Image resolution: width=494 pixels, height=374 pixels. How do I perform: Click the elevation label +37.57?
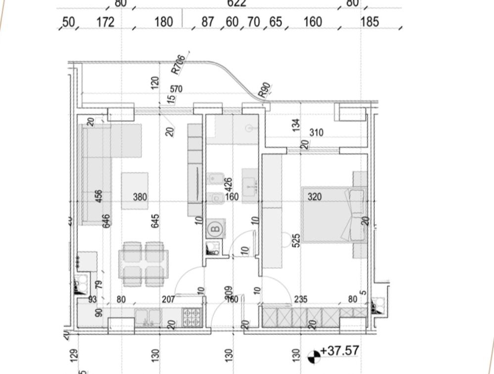(340, 351)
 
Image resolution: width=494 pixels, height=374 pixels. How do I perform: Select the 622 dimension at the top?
(237, 3)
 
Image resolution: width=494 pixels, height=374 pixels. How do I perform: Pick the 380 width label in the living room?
(140, 197)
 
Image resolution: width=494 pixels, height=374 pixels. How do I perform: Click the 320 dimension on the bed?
(314, 197)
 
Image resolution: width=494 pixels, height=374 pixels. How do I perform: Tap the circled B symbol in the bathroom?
(215, 228)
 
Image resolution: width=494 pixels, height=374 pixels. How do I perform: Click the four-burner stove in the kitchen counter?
(192, 317)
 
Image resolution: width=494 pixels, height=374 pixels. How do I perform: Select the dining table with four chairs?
(144, 264)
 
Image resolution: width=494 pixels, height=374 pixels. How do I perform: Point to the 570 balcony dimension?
(176, 89)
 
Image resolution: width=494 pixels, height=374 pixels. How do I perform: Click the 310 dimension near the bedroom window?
(316, 132)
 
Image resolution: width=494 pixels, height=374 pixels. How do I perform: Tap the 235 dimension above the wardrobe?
(300, 299)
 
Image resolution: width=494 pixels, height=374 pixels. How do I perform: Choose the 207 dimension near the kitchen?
(168, 299)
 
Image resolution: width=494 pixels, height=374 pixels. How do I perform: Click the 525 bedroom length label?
(296, 241)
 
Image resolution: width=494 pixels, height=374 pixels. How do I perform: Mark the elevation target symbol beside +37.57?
(314, 355)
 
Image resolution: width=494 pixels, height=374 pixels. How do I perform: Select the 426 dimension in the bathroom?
(228, 185)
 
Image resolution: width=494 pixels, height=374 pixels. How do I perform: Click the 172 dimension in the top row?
(105, 22)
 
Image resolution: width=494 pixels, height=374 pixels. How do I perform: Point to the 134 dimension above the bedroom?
(296, 125)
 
